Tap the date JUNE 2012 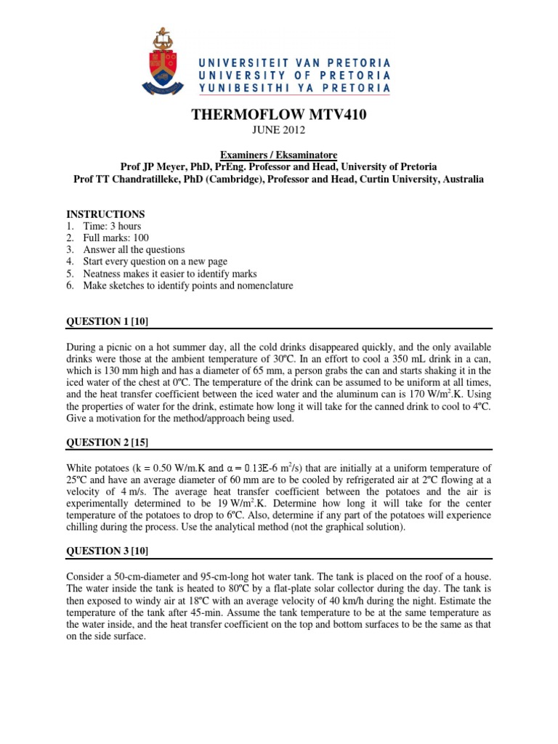coord(278,131)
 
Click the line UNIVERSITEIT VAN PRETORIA coord(295,62)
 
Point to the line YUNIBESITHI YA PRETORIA coord(295,88)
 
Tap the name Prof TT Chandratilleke coord(134,179)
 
